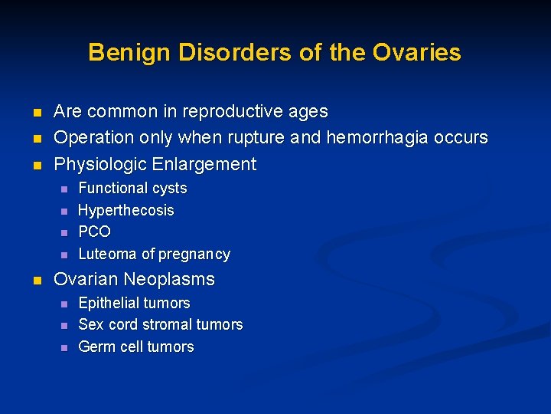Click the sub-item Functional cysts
tap(132, 188)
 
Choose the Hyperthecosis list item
tap(126, 210)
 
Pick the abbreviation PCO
tap(95, 232)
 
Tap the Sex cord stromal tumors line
tap(160, 324)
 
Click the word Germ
tap(96, 347)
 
